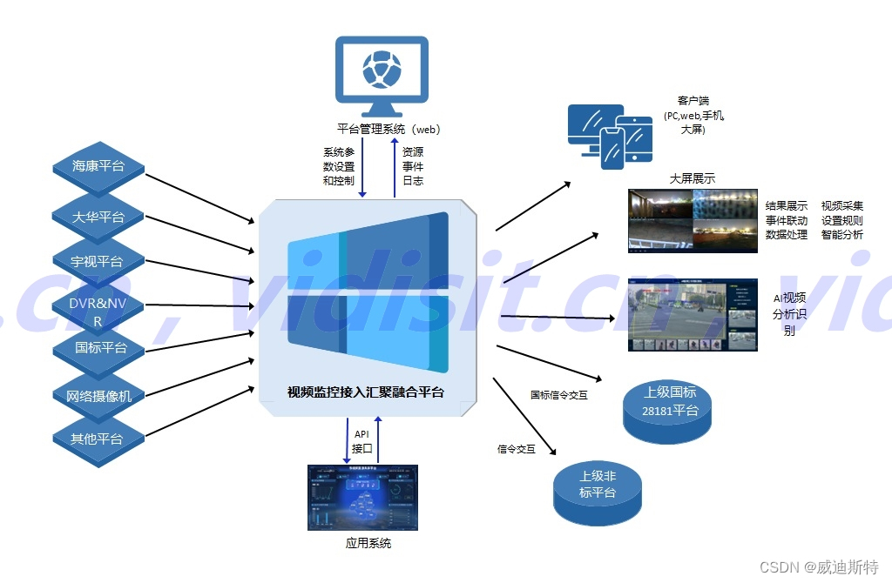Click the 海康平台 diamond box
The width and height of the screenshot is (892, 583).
point(98,166)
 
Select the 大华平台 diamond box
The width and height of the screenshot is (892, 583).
point(98,217)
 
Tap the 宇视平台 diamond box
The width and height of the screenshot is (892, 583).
point(98,261)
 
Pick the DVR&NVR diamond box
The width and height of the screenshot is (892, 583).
point(98,312)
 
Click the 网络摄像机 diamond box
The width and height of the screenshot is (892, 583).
point(98,396)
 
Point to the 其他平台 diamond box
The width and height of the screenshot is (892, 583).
point(98,439)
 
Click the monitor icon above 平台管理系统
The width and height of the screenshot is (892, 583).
point(382,76)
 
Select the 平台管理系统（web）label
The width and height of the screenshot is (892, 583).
point(389,130)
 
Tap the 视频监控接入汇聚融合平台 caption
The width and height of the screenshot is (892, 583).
point(366,392)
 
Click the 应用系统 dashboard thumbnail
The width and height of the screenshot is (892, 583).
point(362,497)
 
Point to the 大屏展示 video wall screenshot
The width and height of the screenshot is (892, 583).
point(692,221)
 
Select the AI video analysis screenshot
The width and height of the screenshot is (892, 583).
point(693,314)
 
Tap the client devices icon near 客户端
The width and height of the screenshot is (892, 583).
point(610,135)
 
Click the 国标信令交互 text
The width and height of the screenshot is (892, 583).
point(559,395)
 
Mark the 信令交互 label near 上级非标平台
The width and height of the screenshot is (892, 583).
point(517,449)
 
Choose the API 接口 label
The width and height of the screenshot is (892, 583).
point(362,441)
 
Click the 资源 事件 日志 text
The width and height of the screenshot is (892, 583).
point(413,166)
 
